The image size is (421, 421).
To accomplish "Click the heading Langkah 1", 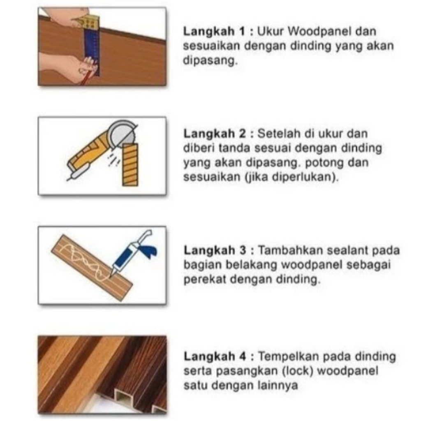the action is tap(214, 32).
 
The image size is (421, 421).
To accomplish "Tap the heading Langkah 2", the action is tap(215, 134).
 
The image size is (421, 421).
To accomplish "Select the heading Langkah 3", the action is tap(215, 250).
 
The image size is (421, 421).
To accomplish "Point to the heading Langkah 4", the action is tap(215, 356).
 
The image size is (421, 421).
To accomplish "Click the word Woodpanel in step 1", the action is tap(319, 31).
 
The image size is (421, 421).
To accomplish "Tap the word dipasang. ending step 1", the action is tap(210, 61).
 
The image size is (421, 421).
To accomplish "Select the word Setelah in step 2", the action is tap(279, 134).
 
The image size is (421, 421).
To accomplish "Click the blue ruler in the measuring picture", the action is tap(92, 51).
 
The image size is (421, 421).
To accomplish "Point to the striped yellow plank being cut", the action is tap(130, 164).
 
